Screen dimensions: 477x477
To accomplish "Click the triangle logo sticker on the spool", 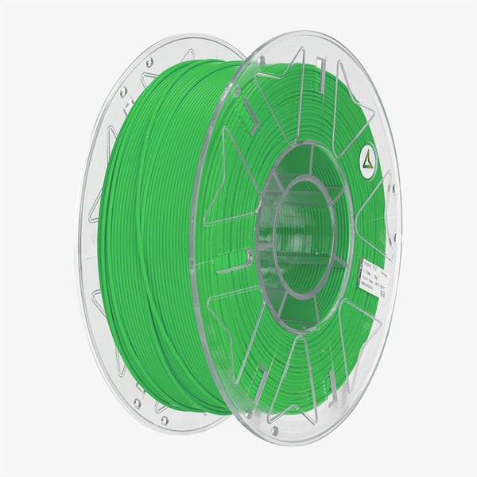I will click(367, 156).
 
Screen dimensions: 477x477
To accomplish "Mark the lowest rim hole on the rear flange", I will click(164, 417).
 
